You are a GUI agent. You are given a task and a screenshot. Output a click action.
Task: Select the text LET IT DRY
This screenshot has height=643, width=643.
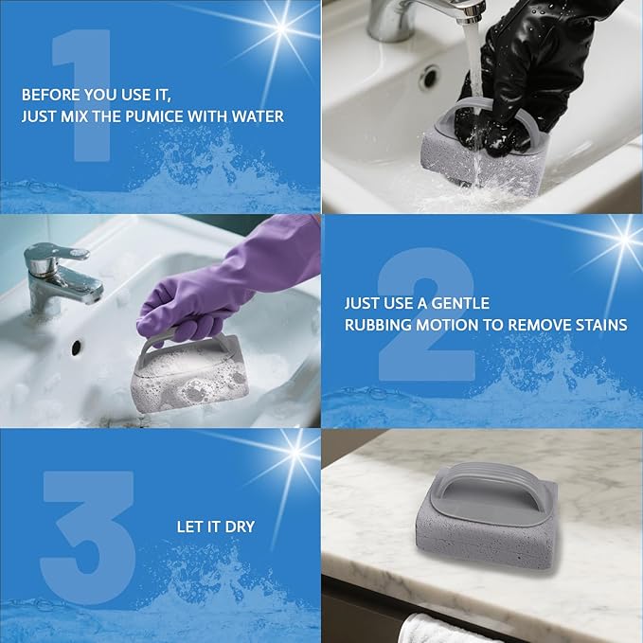(x=216, y=526)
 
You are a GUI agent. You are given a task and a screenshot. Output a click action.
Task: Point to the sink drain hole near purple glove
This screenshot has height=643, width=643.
(x=76, y=348)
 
